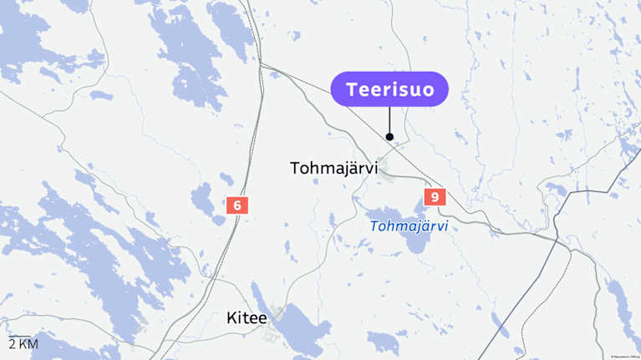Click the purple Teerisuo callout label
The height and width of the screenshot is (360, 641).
coord(389,89)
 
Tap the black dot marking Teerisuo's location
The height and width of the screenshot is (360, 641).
coord(389,136)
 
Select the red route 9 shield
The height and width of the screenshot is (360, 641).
coord(435,197)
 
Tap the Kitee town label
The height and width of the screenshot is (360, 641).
coord(247,318)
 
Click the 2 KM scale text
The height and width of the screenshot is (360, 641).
coord(23,344)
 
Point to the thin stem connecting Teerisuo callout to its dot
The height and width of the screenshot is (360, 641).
coord(389,119)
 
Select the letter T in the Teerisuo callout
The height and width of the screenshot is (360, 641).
coord(352,89)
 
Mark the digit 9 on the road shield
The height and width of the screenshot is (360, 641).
coord(435,197)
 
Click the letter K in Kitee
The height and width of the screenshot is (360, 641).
coord(231,318)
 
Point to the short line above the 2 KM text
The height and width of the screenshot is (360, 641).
coord(19,336)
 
